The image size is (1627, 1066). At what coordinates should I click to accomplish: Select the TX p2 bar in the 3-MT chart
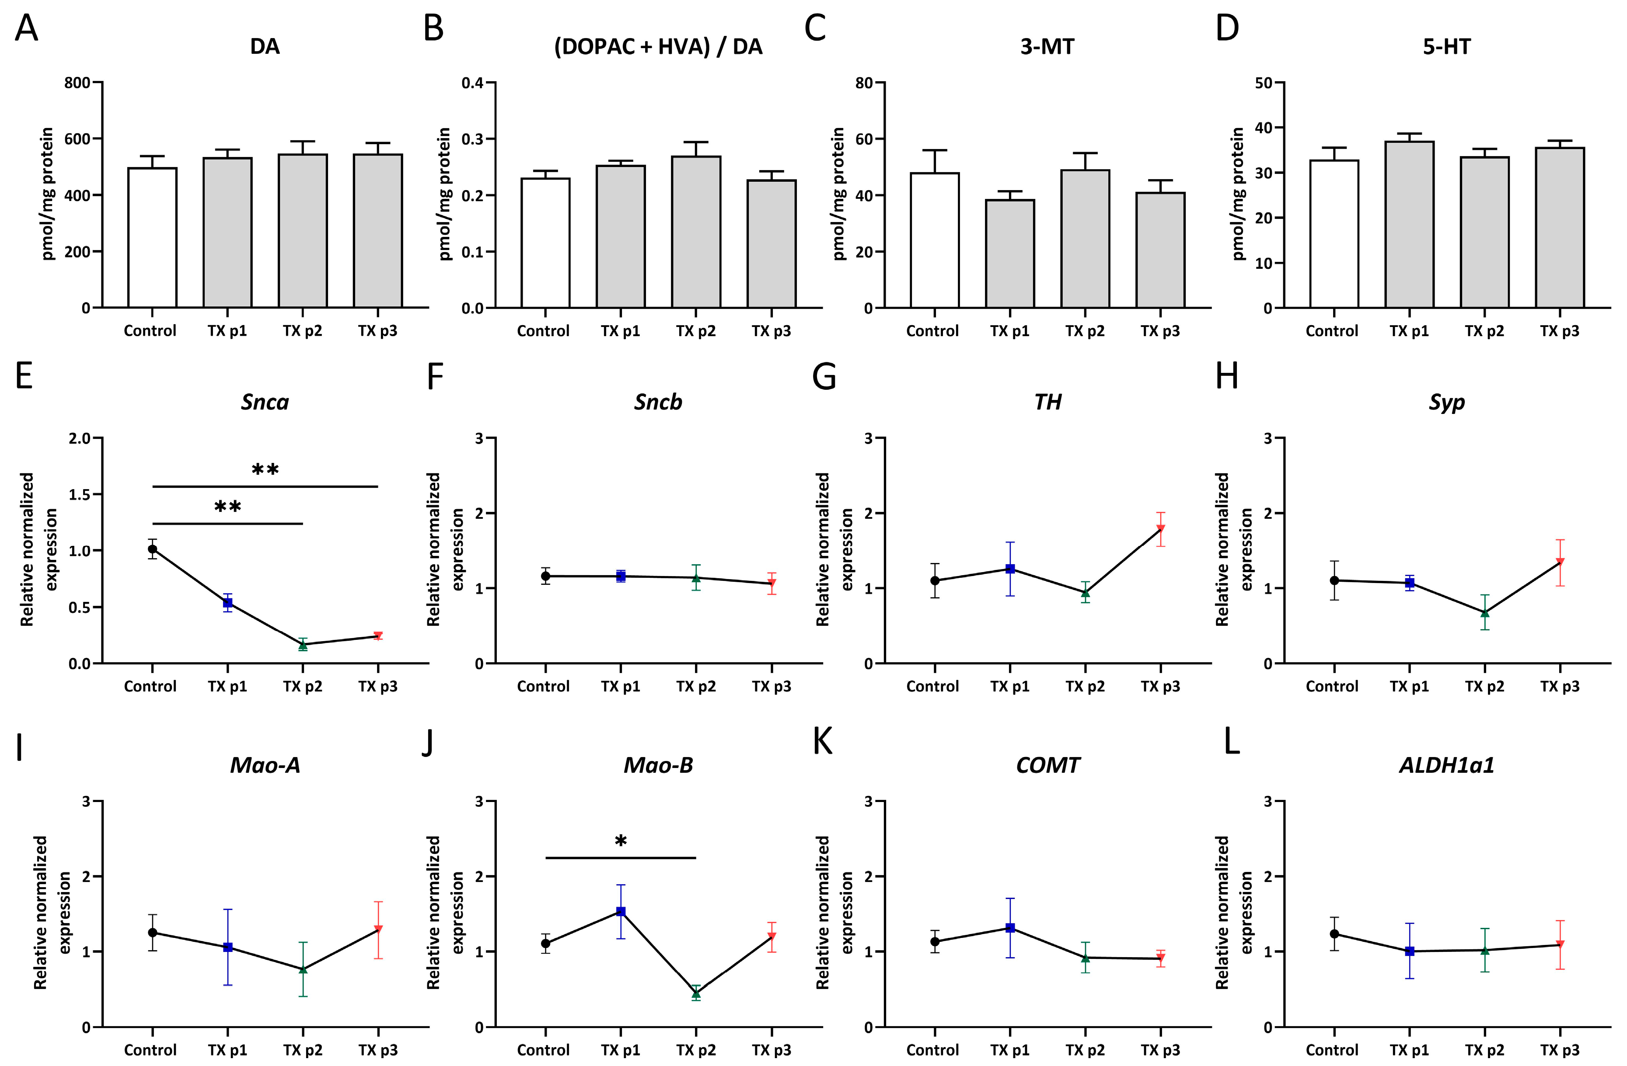coord(1085,239)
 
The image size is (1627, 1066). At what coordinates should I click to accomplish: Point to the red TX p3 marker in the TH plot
coord(1160,529)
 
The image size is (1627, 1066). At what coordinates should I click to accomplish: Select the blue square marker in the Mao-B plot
coord(621,912)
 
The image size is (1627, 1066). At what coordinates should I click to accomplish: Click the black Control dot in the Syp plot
coord(1334,580)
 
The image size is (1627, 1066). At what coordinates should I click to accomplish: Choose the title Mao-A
coord(265,765)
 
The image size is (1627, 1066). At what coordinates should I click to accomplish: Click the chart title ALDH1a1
coord(1446,765)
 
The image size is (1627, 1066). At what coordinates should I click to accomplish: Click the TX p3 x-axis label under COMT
coord(1160,1049)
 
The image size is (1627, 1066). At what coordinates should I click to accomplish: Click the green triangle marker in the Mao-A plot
coord(303,969)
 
